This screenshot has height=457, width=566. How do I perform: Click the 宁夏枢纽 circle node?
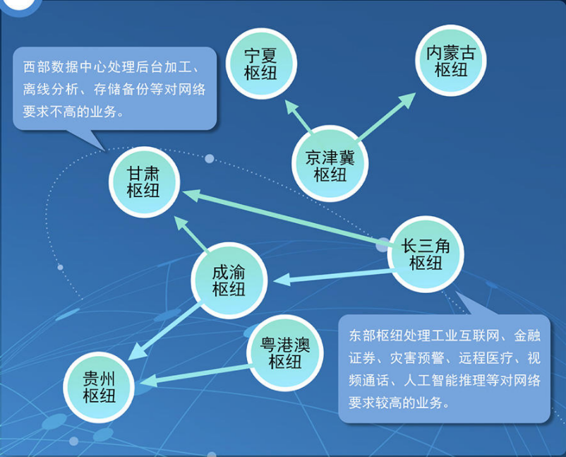tap(261, 64)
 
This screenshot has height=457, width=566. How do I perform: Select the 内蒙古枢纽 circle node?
tap(450, 60)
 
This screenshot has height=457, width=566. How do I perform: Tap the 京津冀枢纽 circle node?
tap(330, 163)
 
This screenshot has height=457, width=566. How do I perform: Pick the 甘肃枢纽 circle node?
tap(145, 182)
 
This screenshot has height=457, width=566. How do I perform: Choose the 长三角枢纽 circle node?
tap(426, 254)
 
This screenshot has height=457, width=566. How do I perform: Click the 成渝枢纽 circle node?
tap(229, 280)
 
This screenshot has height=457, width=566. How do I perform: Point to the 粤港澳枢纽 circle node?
tap(285, 353)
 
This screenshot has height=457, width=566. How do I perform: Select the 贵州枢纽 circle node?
tap(99, 387)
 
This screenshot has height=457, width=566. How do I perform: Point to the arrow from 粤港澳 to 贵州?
tap(197, 374)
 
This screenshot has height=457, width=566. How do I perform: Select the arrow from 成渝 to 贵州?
tap(164, 331)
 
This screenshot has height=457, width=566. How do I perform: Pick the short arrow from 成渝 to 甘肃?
tap(191, 233)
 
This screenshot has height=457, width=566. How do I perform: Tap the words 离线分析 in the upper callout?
tap(51, 89)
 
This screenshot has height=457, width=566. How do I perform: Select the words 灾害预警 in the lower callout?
tap(417, 358)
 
